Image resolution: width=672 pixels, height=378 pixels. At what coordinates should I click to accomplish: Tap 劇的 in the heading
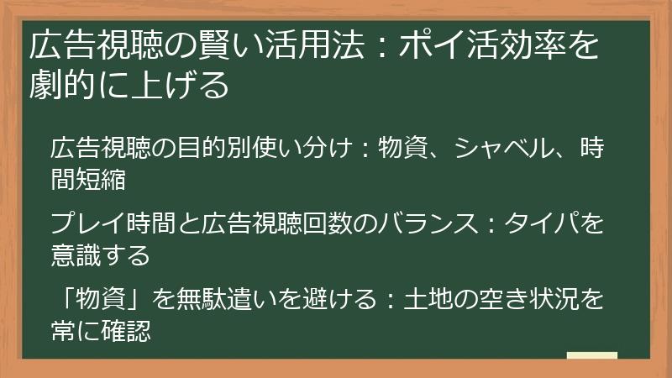tap(58, 86)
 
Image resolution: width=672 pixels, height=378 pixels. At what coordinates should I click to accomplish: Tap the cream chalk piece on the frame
tap(591, 356)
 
